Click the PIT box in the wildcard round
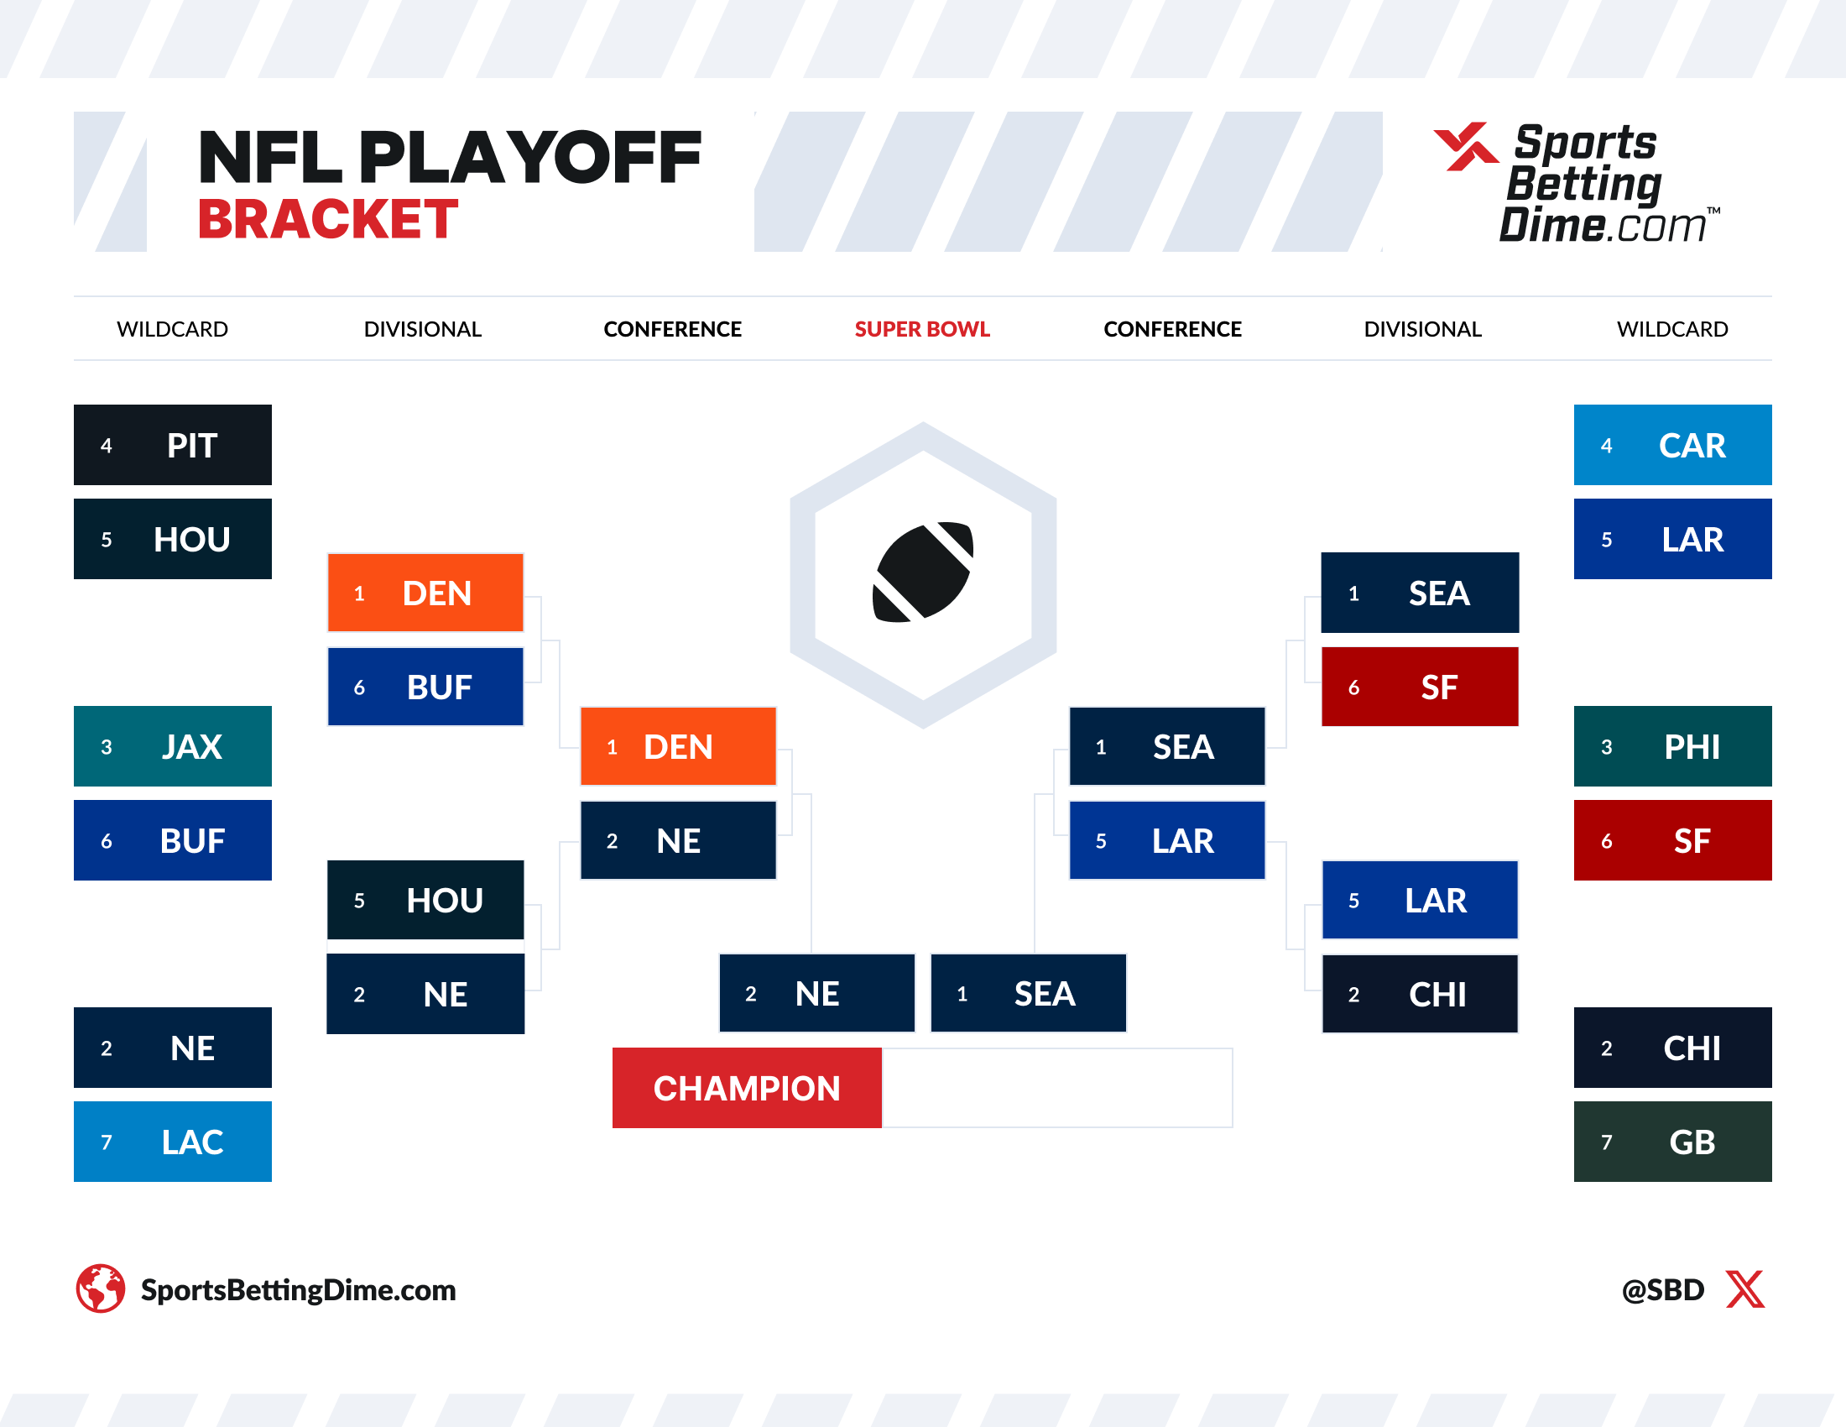point(172,445)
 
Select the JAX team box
point(172,745)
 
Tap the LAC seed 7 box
point(172,1142)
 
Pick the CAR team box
point(1671,445)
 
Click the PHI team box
point(1671,745)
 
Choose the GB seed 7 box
point(1671,1142)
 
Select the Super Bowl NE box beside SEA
point(816,993)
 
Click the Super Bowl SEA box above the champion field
point(1028,993)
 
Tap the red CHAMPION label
point(746,1088)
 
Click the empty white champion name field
point(1056,1088)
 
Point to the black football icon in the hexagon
point(922,572)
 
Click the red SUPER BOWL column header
point(921,329)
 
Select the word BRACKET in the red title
point(328,220)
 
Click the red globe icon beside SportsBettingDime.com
point(101,1288)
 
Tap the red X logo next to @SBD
point(1744,1289)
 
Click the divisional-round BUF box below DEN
point(425,687)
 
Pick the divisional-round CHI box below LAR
point(1419,994)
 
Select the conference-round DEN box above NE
point(678,746)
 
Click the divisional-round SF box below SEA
point(1419,687)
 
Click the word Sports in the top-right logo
point(1585,143)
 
